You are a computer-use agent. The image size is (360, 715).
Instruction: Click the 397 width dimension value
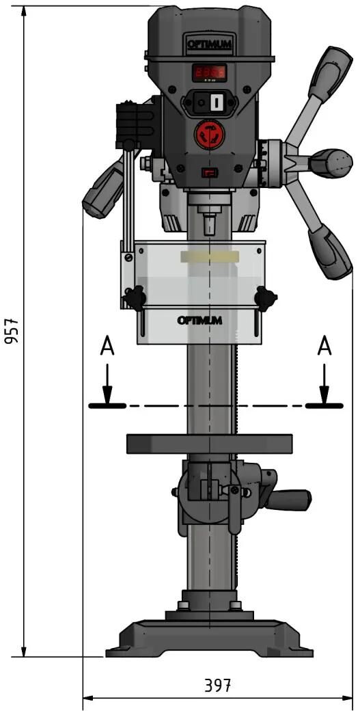click(x=218, y=686)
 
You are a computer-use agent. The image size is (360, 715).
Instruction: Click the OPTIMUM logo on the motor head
click(x=210, y=45)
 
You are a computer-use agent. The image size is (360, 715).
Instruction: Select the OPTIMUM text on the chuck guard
click(x=199, y=319)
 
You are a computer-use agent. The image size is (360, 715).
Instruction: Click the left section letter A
click(x=107, y=348)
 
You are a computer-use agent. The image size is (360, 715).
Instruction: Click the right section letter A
click(x=324, y=348)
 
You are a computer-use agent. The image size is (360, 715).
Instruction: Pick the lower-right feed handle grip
click(x=330, y=254)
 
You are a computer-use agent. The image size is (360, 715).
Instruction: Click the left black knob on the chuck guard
click(x=135, y=297)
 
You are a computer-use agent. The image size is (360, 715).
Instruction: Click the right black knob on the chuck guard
click(x=265, y=298)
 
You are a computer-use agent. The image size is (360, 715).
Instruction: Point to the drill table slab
click(x=209, y=444)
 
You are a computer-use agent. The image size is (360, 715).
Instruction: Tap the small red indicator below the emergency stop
click(x=207, y=173)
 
